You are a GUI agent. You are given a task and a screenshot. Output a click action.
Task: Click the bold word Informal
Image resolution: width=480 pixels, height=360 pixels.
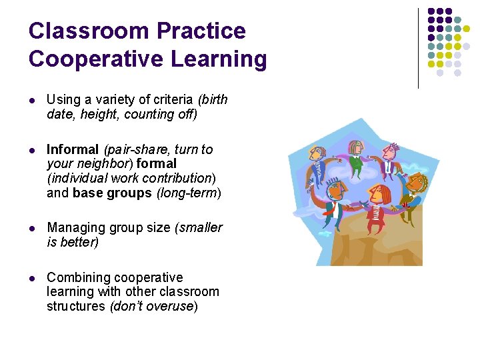click(72, 149)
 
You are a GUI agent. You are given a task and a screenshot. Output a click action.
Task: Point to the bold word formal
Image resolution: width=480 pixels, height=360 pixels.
click(157, 164)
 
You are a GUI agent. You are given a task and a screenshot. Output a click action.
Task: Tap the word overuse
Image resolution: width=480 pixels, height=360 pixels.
click(171, 307)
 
